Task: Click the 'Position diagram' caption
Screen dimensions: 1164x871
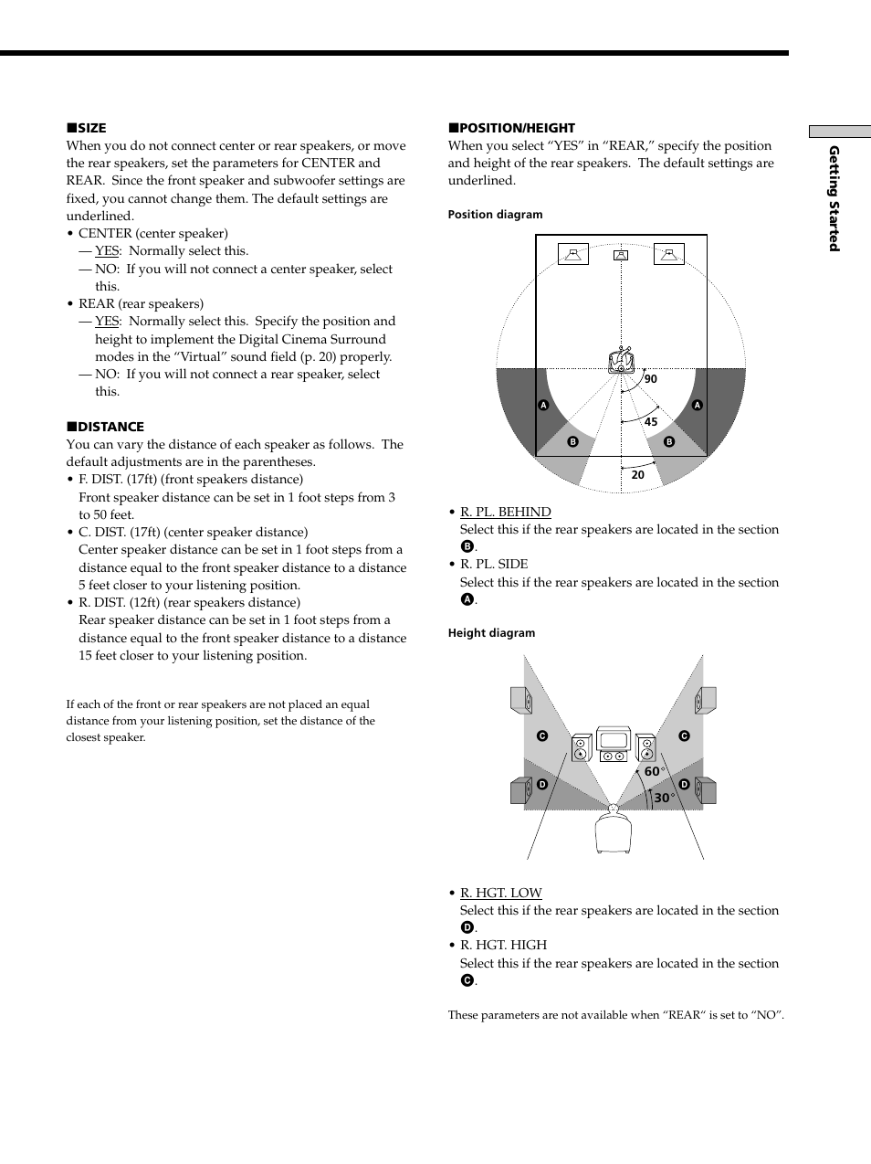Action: (495, 215)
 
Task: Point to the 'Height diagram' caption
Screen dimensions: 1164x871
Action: (491, 633)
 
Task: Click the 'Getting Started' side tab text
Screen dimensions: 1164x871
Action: (834, 198)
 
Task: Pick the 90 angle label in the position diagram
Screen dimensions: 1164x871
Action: (650, 379)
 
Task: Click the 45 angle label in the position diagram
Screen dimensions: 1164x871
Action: (650, 422)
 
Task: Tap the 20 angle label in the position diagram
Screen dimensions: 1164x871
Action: (637, 475)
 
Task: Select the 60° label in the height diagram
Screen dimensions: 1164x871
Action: (654, 772)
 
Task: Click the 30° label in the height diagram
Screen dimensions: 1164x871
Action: (664, 799)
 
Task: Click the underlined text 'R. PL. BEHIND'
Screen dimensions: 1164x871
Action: (505, 512)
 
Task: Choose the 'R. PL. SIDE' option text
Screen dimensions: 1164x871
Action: (494, 565)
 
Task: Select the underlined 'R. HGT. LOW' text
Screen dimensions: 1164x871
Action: (500, 893)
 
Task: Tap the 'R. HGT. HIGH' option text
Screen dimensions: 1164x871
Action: (503, 945)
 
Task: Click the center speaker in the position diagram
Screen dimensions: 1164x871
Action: (621, 255)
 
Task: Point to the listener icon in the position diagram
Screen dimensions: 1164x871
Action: (621, 361)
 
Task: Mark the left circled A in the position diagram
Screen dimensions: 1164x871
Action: (543, 405)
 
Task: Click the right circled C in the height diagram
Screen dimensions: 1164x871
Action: (683, 736)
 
